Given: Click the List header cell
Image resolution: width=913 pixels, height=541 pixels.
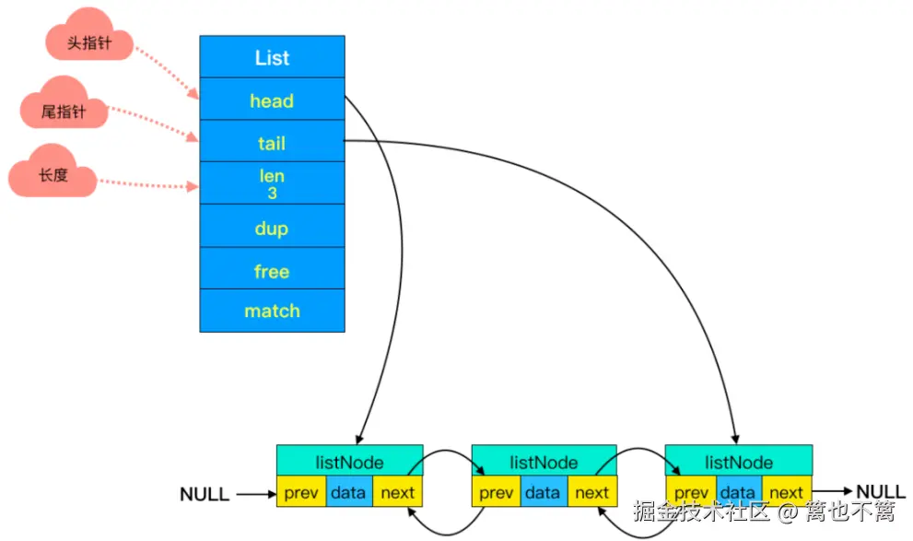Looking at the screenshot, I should [x=272, y=57].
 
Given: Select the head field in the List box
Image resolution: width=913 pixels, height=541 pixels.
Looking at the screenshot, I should [x=272, y=100].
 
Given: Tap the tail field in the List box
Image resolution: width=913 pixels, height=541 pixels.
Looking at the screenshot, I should [x=272, y=143].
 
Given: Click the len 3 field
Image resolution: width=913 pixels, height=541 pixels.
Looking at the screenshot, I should [x=272, y=184].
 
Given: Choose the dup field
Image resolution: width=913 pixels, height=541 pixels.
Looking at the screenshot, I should [x=272, y=228].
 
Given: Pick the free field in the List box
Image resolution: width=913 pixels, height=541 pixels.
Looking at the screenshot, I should [x=272, y=271].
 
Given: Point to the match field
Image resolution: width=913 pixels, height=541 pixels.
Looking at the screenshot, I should [x=272, y=312].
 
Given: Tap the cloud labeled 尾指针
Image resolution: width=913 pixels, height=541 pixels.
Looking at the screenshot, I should [x=64, y=111].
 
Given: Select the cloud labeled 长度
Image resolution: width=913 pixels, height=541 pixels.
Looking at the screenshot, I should [x=53, y=174].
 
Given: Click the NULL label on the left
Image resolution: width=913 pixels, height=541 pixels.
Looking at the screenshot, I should [x=205, y=495].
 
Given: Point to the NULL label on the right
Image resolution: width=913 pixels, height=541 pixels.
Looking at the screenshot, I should [x=882, y=491].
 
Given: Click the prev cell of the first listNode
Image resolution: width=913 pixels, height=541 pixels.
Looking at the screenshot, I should [x=301, y=492].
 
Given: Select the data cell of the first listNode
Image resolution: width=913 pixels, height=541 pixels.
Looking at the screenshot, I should [x=349, y=492].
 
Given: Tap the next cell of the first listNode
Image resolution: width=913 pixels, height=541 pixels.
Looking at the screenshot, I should [x=398, y=492].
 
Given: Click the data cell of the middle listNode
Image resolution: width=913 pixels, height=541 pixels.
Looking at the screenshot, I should [x=544, y=492].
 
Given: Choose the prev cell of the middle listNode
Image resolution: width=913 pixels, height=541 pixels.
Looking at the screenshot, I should [x=496, y=492].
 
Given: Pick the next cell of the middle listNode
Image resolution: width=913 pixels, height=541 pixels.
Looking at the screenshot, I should [x=592, y=492].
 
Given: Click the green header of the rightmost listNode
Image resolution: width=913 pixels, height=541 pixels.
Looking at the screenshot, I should [x=739, y=462].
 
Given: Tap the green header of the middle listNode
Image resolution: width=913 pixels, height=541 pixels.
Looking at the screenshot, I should [x=544, y=462].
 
